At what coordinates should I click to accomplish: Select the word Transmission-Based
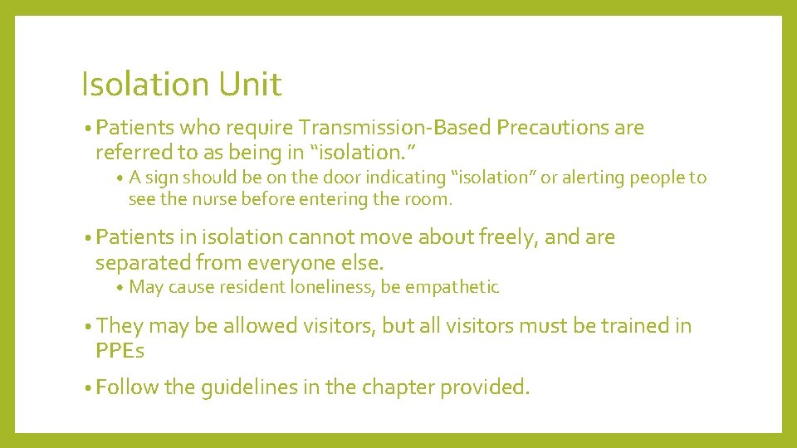(395, 128)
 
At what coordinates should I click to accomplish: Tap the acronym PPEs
(120, 351)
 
